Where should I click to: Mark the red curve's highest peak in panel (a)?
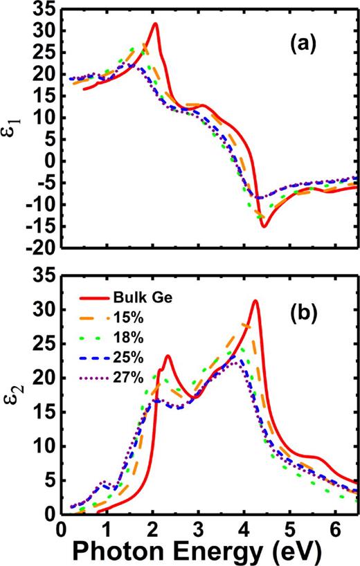tap(155, 24)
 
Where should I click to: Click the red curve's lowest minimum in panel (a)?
tap(264, 226)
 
